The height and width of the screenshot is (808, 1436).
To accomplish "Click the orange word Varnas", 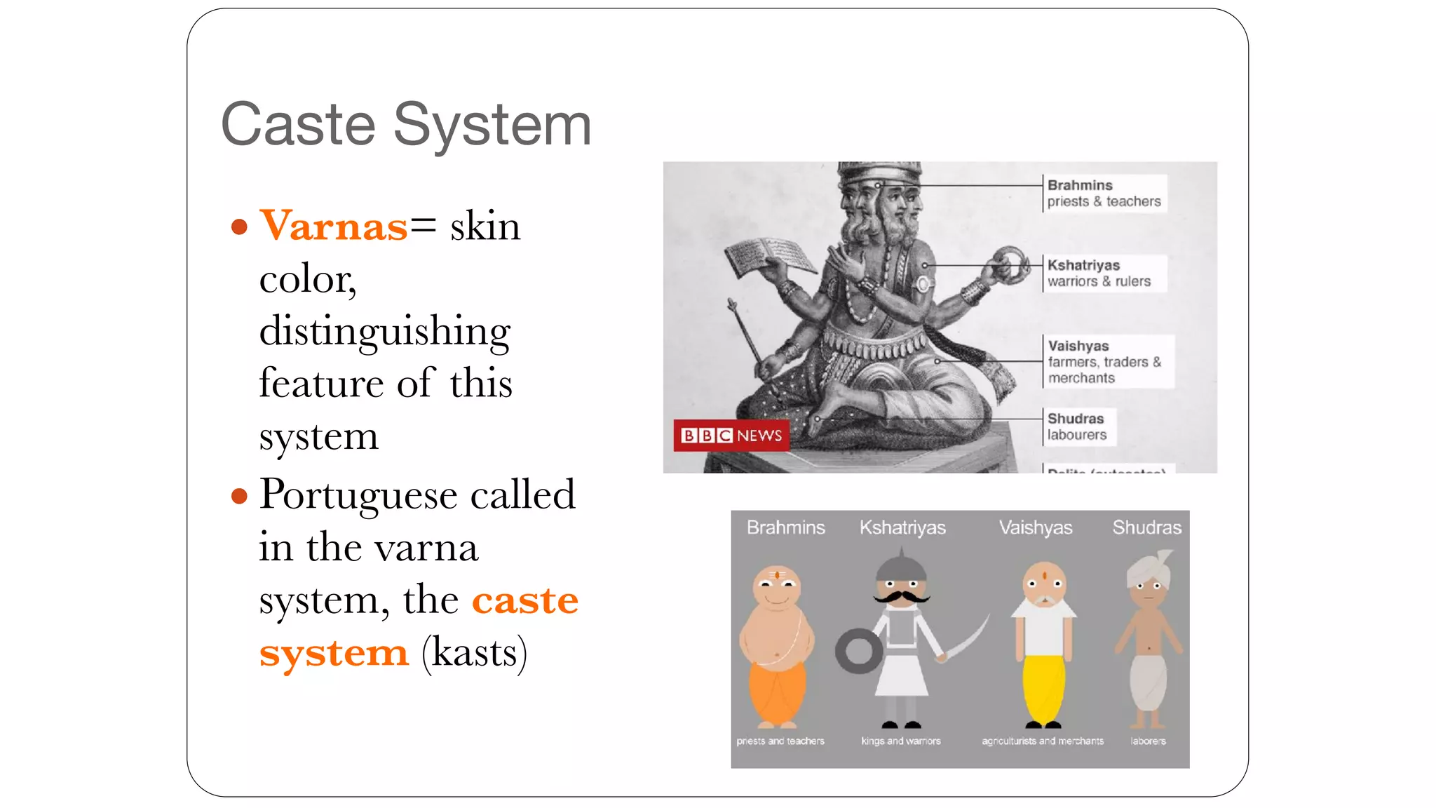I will coord(333,226).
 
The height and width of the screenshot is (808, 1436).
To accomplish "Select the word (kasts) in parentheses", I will coord(474,652).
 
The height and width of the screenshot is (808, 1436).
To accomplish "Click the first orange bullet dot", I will coord(239,227).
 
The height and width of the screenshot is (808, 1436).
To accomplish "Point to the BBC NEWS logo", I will coord(731,436).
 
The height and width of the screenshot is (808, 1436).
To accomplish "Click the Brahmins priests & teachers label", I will coord(1103,193).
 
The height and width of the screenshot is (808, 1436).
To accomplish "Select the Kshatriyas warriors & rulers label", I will coord(1099,273).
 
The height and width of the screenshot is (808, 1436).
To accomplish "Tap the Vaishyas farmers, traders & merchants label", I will coord(1104,361).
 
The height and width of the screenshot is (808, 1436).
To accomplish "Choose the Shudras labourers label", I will coord(1076,426).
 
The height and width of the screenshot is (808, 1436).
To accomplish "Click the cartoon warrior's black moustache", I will coord(901,597).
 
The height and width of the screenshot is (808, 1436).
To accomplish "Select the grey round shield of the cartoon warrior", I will coord(859,652).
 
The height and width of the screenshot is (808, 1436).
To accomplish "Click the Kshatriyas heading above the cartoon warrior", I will coord(902,527).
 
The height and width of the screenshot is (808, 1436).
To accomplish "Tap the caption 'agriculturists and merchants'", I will coord(1042,741).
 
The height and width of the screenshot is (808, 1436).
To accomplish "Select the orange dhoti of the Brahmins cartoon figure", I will coord(777,691).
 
